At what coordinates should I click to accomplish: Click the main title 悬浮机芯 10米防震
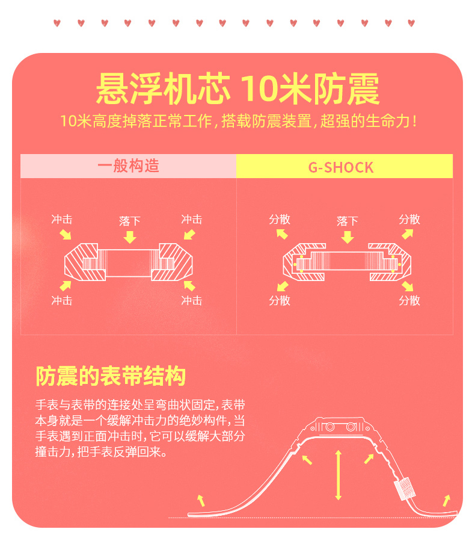pos(237,90)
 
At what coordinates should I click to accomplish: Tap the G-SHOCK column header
pos(341,167)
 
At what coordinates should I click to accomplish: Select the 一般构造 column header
pos(129,166)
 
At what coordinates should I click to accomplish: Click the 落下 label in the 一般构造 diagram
pos(130,221)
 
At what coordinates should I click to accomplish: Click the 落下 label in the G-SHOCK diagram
pos(348,221)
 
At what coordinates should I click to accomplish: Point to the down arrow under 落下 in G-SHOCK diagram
pos(348,237)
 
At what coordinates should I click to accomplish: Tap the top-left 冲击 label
pos(62,219)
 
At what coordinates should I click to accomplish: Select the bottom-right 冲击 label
pos(192,300)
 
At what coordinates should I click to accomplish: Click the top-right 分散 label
pos(409,219)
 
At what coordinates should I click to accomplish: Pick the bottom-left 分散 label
pos(280,300)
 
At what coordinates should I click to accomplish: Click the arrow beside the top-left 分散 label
pos(282,234)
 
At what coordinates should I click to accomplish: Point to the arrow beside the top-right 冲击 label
pos(189,234)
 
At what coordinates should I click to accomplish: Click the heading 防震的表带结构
pos(111,376)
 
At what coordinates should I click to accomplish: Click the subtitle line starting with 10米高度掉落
pos(237,121)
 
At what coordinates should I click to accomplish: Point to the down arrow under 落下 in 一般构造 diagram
pos(130,237)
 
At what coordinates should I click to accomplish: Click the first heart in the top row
pos(57,23)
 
